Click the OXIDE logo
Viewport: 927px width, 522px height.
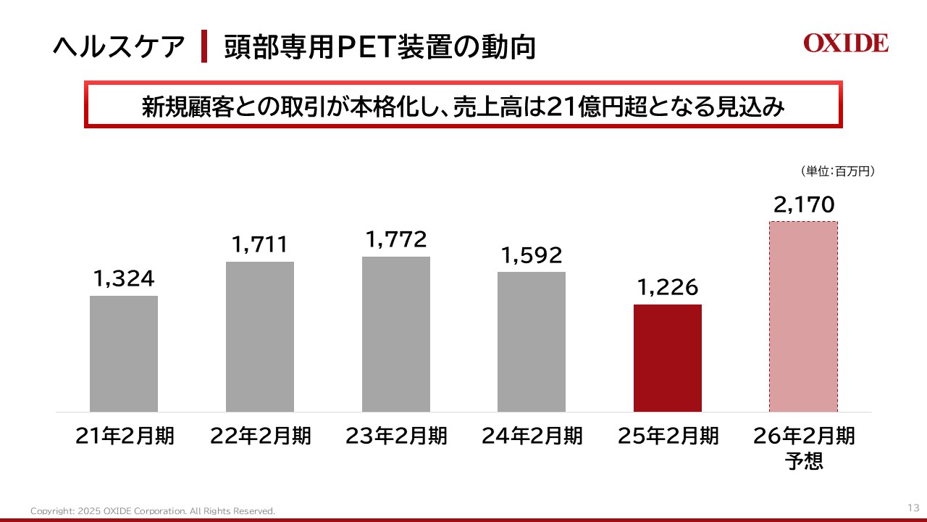pyautogui.click(x=845, y=43)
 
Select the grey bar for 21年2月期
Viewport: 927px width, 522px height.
pyautogui.click(x=124, y=354)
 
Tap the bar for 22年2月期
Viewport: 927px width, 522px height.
pyautogui.click(x=260, y=336)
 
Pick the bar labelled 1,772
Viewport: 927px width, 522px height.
pyautogui.click(x=396, y=334)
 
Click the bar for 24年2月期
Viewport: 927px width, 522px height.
pyautogui.click(x=532, y=341)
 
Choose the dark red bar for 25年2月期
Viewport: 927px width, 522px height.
pyautogui.click(x=668, y=358)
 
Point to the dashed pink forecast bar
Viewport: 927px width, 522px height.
pyautogui.click(x=803, y=317)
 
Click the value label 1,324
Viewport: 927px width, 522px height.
pyautogui.click(x=124, y=278)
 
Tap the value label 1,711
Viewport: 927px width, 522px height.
pyautogui.click(x=260, y=244)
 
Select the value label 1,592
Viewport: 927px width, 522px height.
pyautogui.click(x=532, y=255)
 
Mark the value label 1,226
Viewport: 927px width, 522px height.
pyautogui.click(x=668, y=288)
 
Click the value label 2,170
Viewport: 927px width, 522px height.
pyautogui.click(x=804, y=205)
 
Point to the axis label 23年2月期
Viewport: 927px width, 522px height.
pyautogui.click(x=396, y=436)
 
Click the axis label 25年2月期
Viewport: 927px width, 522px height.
pyautogui.click(x=668, y=436)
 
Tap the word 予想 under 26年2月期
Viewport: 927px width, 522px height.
pyautogui.click(x=804, y=461)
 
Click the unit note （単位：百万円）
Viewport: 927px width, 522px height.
pyautogui.click(x=839, y=172)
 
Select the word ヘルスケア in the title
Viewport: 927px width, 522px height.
pyautogui.click(x=119, y=47)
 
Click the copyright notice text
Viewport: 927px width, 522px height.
pyautogui.click(x=153, y=511)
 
